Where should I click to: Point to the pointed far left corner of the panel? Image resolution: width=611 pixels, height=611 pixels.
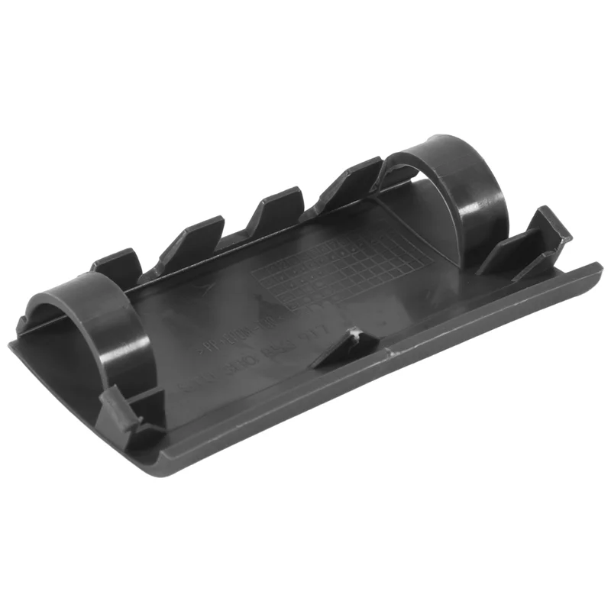click(x=11, y=344)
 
